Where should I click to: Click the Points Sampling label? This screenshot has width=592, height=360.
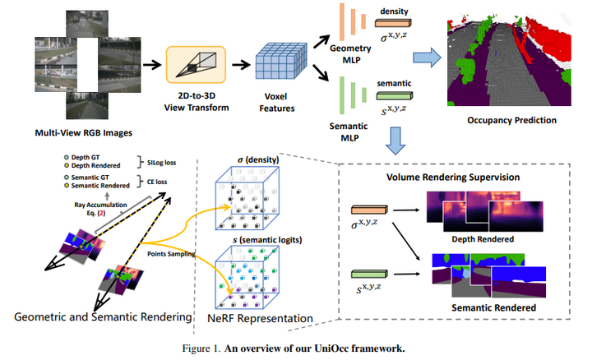pyautogui.click(x=171, y=254)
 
